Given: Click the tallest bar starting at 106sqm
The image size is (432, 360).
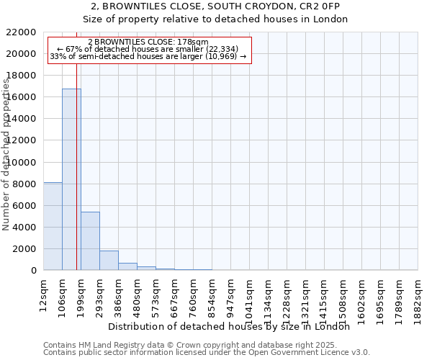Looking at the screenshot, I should [x=71, y=179].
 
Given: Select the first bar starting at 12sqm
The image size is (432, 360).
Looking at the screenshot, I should [x=53, y=226].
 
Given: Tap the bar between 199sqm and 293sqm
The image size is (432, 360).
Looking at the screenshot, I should [x=90, y=241].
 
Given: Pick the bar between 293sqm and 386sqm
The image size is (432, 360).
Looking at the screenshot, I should [x=109, y=261].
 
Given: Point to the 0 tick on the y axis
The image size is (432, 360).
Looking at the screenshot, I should [x=33, y=271].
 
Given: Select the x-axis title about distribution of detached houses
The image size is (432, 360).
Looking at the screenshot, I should [x=233, y=326].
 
